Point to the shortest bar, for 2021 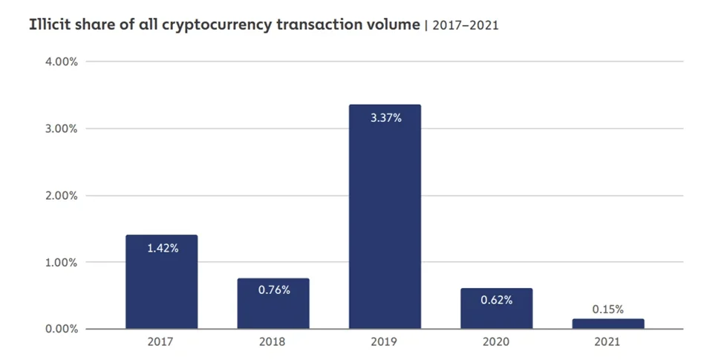[x=607, y=324]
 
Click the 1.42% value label [x=162, y=248]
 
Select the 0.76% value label [x=273, y=289]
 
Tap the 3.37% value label [x=385, y=117]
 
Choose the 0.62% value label [x=496, y=300]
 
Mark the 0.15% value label [x=607, y=309]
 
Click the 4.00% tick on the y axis [x=62, y=62]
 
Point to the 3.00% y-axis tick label [x=62, y=128]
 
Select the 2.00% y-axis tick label [x=62, y=195]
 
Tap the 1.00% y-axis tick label [x=62, y=262]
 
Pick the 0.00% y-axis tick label [x=62, y=329]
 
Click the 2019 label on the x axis [x=385, y=342]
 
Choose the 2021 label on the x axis [x=607, y=342]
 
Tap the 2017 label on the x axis [x=161, y=342]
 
